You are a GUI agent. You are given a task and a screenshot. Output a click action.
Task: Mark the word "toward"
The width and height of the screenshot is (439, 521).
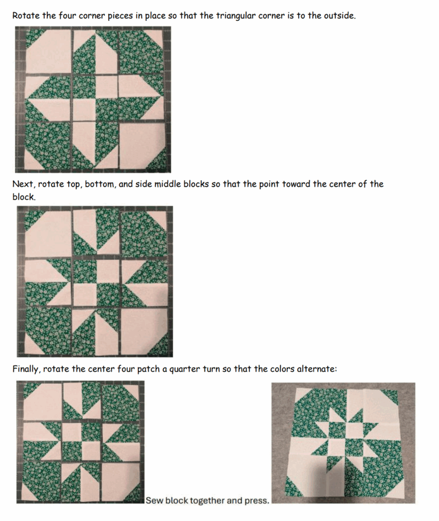pyautogui.click(x=297, y=184)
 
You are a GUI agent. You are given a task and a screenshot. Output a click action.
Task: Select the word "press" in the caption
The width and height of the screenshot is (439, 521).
pyautogui.click(x=257, y=501)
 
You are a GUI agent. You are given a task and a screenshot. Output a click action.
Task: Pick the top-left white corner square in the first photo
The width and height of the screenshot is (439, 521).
pyautogui.click(x=48, y=51)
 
